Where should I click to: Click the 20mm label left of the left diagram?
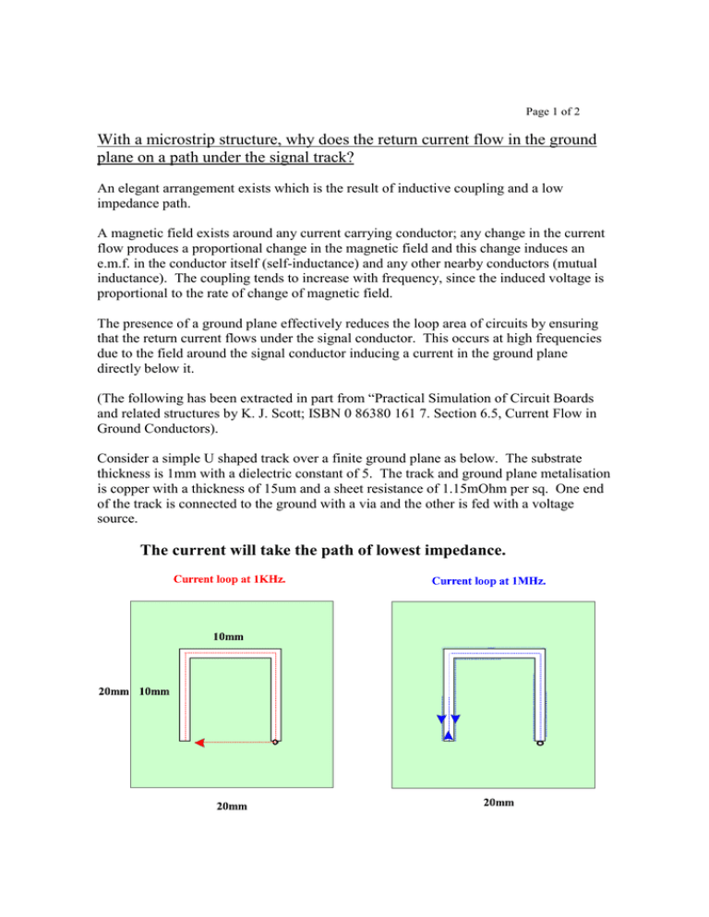114,691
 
